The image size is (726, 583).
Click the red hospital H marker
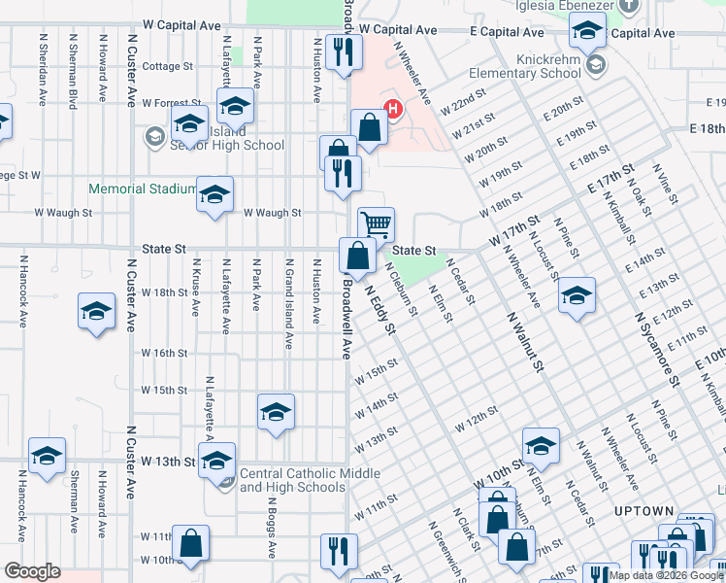point(393,109)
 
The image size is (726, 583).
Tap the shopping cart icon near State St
point(376,224)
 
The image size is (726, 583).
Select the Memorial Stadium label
point(143,189)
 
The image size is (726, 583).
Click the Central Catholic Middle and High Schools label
point(293,481)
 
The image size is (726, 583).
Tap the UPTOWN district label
point(643,511)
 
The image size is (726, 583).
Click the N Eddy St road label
point(380,308)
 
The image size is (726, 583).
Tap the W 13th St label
point(169,461)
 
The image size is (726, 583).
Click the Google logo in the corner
point(32,571)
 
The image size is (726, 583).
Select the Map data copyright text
point(664,575)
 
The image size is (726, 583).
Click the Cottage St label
point(168,66)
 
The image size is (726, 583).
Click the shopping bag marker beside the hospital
point(369,126)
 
